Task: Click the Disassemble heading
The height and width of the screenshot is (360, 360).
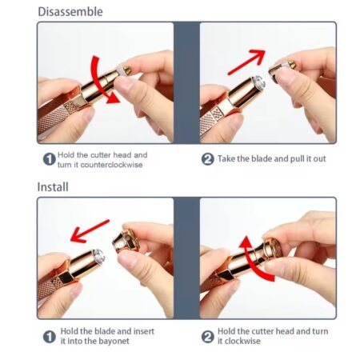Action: [70, 12]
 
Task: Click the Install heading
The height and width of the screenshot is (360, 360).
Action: [53, 186]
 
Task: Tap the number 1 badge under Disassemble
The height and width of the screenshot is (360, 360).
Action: [50, 159]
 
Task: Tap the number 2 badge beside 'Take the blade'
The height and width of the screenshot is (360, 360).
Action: [208, 159]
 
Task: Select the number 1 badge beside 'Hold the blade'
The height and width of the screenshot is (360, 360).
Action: [50, 337]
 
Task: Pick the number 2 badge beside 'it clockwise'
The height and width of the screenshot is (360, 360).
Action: [208, 337]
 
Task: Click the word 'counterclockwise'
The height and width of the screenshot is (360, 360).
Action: [111, 165]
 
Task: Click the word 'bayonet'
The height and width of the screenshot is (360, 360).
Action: [114, 341]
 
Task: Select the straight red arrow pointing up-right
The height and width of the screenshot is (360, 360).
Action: [246, 62]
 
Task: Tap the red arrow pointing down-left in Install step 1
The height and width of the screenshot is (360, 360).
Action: [90, 231]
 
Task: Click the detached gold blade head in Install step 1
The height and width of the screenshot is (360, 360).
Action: [126, 242]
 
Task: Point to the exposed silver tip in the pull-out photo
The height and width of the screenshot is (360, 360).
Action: [257, 82]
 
